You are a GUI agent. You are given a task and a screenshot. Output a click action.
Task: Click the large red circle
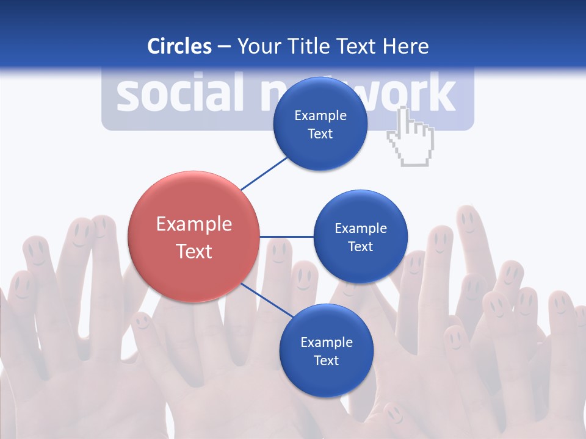coord(194,237)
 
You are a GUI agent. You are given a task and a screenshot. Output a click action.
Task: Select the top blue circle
coord(320,124)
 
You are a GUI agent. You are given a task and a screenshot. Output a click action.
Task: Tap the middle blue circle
coord(360,237)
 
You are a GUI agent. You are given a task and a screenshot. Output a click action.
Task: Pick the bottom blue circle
coord(326,351)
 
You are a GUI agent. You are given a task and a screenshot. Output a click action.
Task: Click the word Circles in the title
coord(179,46)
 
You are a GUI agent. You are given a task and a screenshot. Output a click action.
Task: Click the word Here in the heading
coord(405,46)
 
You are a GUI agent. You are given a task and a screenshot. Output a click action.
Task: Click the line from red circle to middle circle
coord(286,237)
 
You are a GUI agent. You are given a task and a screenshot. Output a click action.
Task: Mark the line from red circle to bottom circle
coord(266,300)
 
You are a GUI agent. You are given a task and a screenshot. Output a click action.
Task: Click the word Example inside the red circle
coord(194,224)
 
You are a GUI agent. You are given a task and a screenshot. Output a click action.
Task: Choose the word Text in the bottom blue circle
coord(326,360)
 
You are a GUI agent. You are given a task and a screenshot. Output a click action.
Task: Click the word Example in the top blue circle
coord(320,115)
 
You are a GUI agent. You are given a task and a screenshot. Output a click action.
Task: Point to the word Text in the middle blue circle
coord(360,246)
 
